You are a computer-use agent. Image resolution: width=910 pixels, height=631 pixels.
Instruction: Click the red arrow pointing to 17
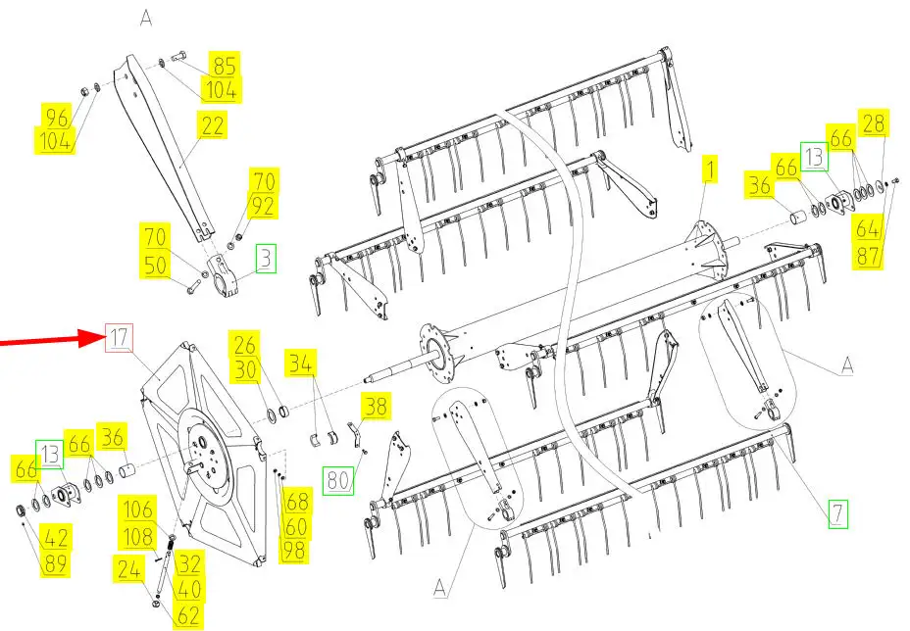tap(51, 340)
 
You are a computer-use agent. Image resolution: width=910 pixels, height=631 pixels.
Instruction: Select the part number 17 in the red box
tap(119, 337)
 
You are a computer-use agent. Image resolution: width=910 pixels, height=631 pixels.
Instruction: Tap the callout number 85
tap(225, 66)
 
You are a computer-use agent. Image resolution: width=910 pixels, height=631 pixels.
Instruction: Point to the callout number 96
tap(57, 118)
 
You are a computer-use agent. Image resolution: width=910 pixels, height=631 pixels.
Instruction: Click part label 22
tap(212, 125)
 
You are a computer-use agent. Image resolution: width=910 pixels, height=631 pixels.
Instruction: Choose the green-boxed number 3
tap(266, 259)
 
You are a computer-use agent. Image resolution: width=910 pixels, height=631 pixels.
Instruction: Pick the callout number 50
tap(156, 265)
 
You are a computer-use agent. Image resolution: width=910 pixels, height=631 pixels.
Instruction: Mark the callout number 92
tap(263, 206)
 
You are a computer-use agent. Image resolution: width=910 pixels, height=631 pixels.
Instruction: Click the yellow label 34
tap(301, 364)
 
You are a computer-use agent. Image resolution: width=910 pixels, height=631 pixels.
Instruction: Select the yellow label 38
tap(376, 406)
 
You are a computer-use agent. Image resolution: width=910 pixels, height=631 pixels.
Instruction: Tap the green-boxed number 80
tap(338, 480)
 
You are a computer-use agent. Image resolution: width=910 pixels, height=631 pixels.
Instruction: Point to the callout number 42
tap(56, 537)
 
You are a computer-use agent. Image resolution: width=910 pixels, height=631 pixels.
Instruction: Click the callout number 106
tap(137, 510)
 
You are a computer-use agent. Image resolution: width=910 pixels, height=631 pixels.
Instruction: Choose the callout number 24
tap(128, 569)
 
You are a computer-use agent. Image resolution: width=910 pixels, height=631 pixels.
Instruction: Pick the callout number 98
tap(293, 550)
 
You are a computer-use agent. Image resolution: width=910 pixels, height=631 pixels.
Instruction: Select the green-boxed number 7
tap(837, 513)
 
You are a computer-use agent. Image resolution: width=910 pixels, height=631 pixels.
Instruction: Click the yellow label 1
tap(710, 169)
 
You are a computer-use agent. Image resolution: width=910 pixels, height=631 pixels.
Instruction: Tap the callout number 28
tap(874, 122)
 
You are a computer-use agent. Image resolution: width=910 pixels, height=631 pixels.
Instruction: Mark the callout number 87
tap(868, 255)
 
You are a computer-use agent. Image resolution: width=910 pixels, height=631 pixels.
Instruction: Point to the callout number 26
tap(244, 345)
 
